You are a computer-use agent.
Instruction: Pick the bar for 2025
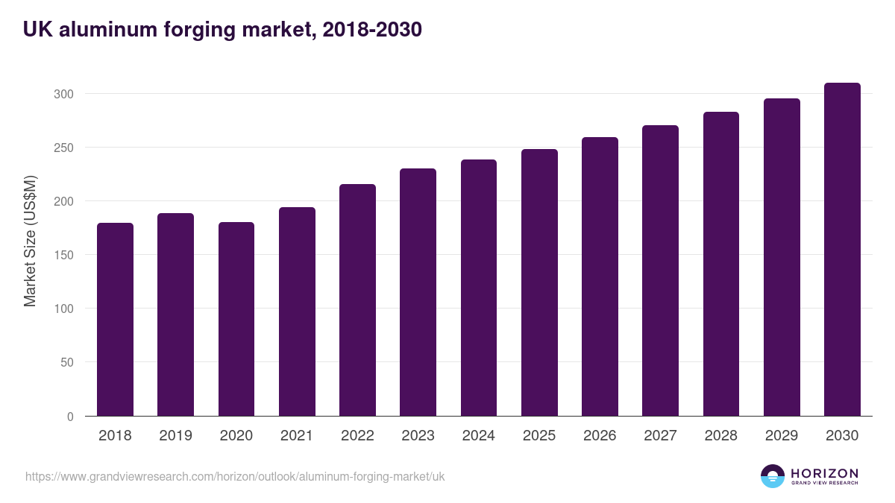(539, 282)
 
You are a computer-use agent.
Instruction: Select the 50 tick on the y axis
(66, 362)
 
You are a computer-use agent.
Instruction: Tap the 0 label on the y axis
(70, 417)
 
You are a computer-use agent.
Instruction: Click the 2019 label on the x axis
(175, 436)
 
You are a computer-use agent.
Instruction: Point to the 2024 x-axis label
(478, 436)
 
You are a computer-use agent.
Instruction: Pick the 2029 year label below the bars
(782, 436)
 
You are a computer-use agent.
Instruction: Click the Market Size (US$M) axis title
(30, 241)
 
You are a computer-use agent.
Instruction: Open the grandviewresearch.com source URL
(235, 476)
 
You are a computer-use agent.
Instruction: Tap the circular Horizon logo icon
(773, 476)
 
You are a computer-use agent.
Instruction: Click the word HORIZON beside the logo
(824, 473)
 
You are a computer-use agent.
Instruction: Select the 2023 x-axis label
(418, 436)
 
